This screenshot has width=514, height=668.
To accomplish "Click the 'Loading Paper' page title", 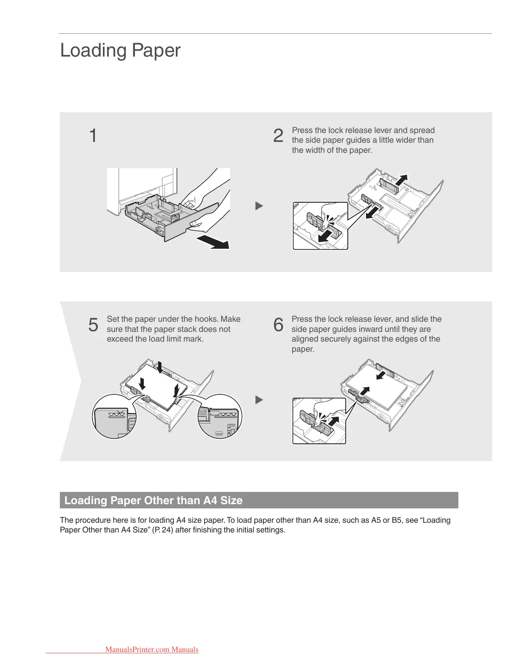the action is click(x=120, y=50).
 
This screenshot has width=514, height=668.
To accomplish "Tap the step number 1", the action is click(x=93, y=136).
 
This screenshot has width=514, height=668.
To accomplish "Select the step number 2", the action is click(x=278, y=136).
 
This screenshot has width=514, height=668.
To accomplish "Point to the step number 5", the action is click(x=93, y=325).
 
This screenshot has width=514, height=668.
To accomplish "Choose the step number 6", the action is click(x=278, y=325).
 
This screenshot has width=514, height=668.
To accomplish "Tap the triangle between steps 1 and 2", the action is click(x=259, y=206).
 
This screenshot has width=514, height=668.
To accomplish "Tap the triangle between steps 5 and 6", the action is click(x=259, y=399).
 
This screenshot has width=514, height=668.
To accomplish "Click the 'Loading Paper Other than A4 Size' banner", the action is click(x=258, y=500).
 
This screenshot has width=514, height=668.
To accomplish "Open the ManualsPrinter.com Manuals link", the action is click(x=151, y=649).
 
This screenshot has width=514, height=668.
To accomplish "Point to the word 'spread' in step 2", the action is click(x=422, y=130).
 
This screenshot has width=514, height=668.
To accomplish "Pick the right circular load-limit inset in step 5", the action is click(x=220, y=416).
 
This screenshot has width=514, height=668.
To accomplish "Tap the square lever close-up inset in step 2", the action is click(x=320, y=226).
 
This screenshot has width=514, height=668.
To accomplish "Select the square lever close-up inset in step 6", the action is click(x=319, y=421).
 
